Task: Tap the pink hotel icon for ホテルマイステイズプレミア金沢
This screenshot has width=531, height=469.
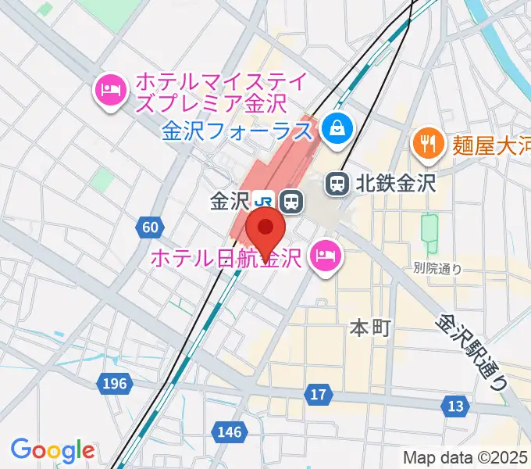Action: pos(111,91)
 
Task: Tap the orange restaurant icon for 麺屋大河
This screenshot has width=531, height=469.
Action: pos(426,143)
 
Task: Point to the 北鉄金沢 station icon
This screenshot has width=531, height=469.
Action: pos(337,184)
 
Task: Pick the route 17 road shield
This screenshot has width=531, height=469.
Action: pos(318,395)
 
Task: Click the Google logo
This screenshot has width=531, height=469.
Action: pos(52,450)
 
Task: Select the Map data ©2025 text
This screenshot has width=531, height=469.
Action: pos(465,457)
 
